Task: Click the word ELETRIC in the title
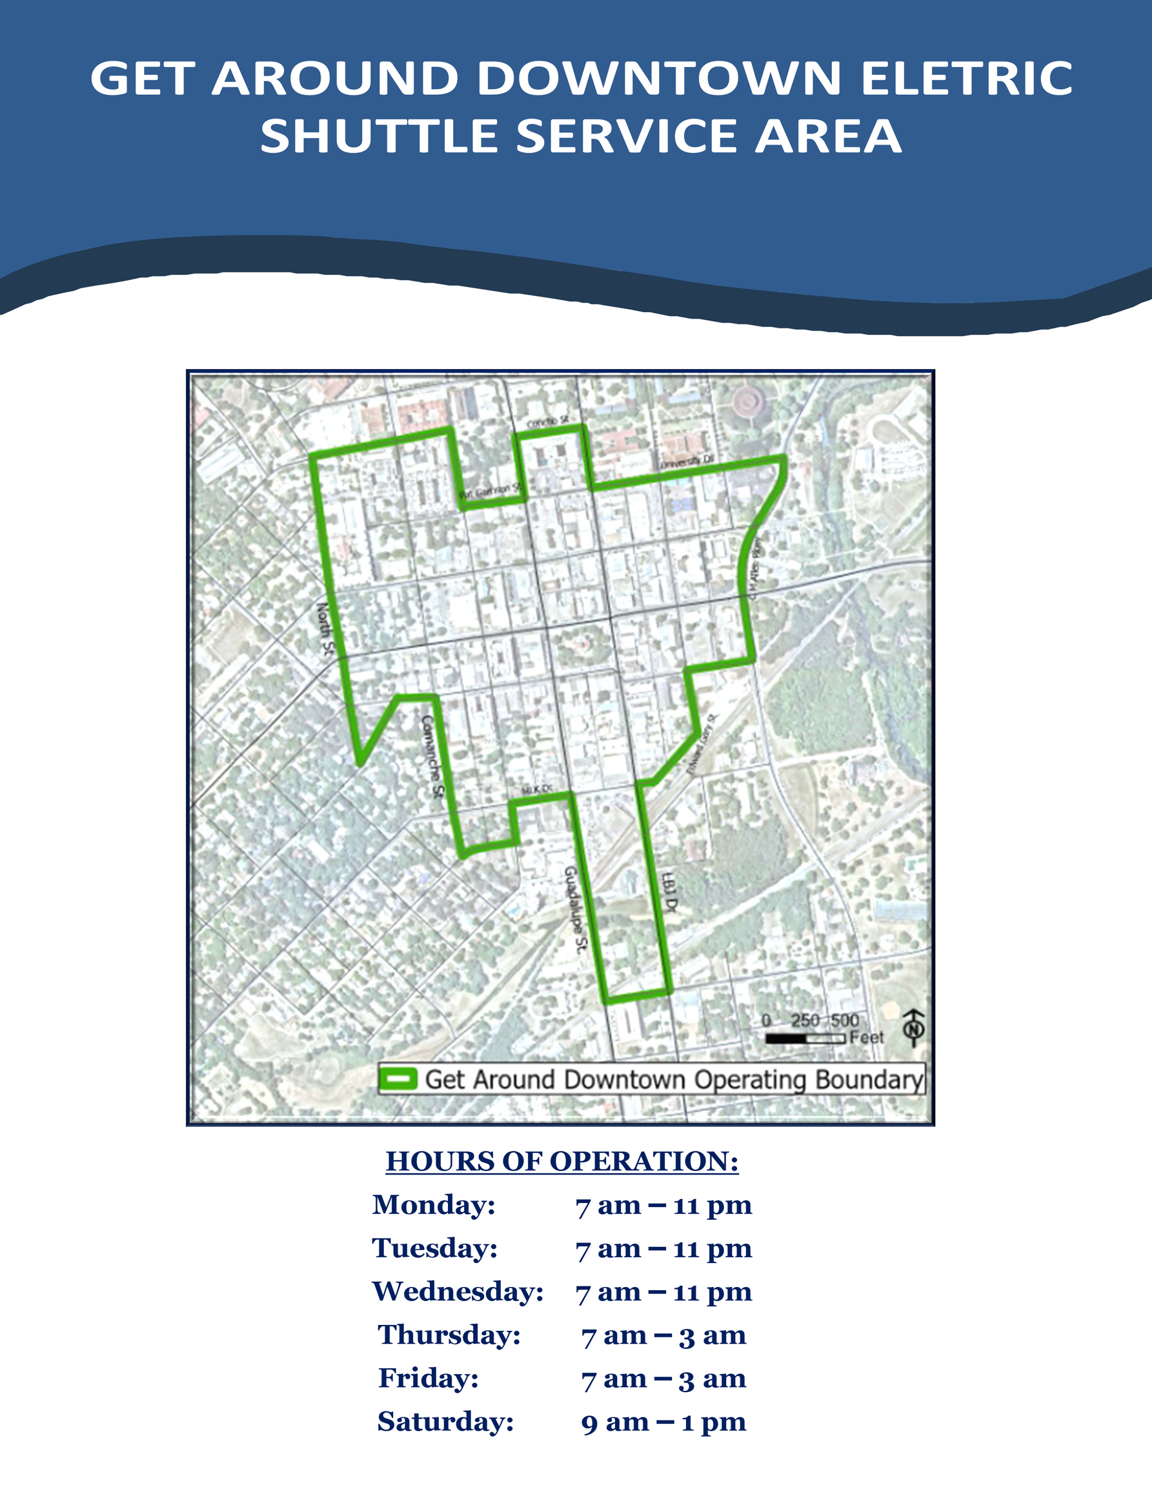click(x=966, y=79)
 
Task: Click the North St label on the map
click(x=325, y=629)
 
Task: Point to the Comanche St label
click(x=432, y=755)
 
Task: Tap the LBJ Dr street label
click(x=670, y=892)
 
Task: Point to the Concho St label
click(x=548, y=423)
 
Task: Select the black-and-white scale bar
click(x=805, y=1039)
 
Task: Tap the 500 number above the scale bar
click(x=845, y=1021)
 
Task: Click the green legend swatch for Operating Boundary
click(x=397, y=1079)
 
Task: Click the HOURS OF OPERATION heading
click(x=561, y=1161)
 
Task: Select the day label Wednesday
click(x=458, y=1291)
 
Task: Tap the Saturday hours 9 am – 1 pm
click(x=663, y=1422)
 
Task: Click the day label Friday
click(x=429, y=1379)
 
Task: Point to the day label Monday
click(x=434, y=1205)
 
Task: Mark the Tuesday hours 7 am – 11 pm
click(x=663, y=1248)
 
